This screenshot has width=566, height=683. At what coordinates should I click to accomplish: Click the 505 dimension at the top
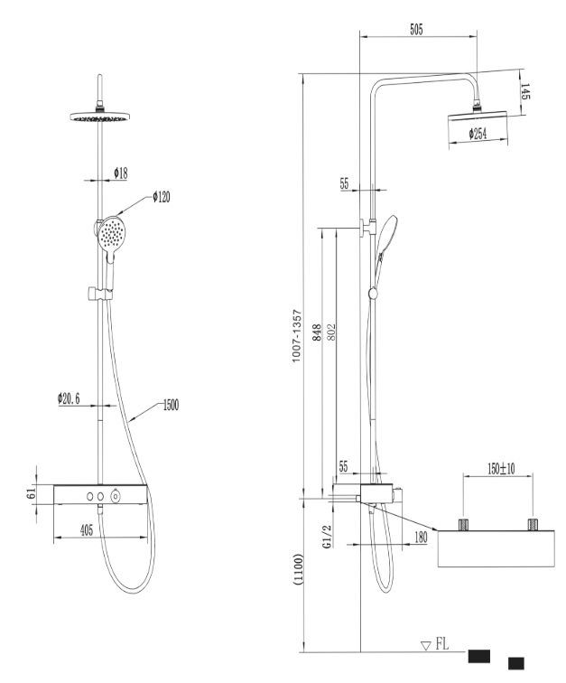416,30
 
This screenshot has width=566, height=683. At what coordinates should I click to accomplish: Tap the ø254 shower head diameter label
478,134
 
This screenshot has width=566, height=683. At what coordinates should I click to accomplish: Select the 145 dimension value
525,91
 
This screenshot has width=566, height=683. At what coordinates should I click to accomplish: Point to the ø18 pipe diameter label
121,173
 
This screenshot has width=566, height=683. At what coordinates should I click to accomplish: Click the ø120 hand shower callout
161,197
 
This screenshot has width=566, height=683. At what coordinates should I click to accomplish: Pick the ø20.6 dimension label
69,398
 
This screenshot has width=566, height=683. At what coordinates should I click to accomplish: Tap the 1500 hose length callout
171,405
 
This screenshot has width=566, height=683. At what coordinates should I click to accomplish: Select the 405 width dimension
87,530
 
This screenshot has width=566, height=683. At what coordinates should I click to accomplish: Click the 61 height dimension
31,494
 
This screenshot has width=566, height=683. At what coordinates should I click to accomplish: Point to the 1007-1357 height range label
296,336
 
